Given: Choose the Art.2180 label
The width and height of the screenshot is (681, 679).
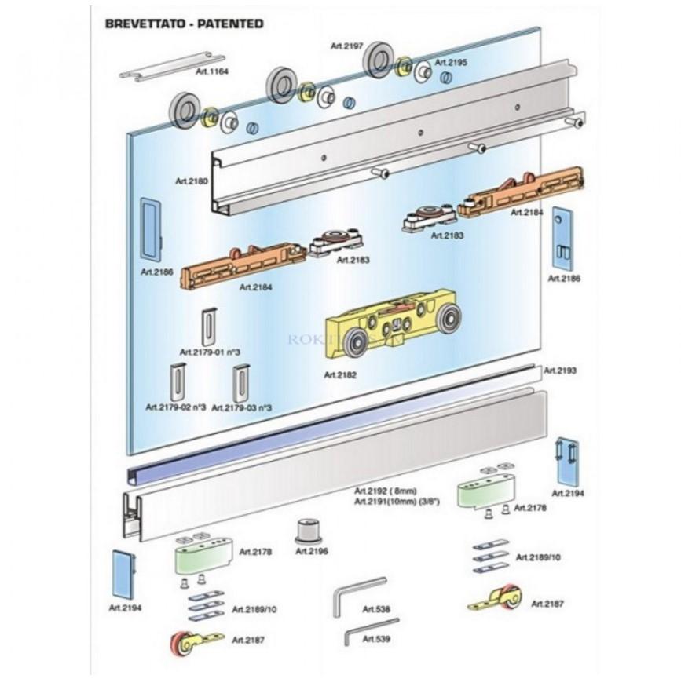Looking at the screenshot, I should point(192,181).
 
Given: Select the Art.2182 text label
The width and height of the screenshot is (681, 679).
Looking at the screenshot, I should point(339,375).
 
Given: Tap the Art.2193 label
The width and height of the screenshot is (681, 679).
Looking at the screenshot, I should point(560,369).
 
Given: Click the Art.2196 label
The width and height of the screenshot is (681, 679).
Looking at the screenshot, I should point(311,551).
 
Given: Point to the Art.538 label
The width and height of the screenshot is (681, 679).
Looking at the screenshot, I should point(377,608).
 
